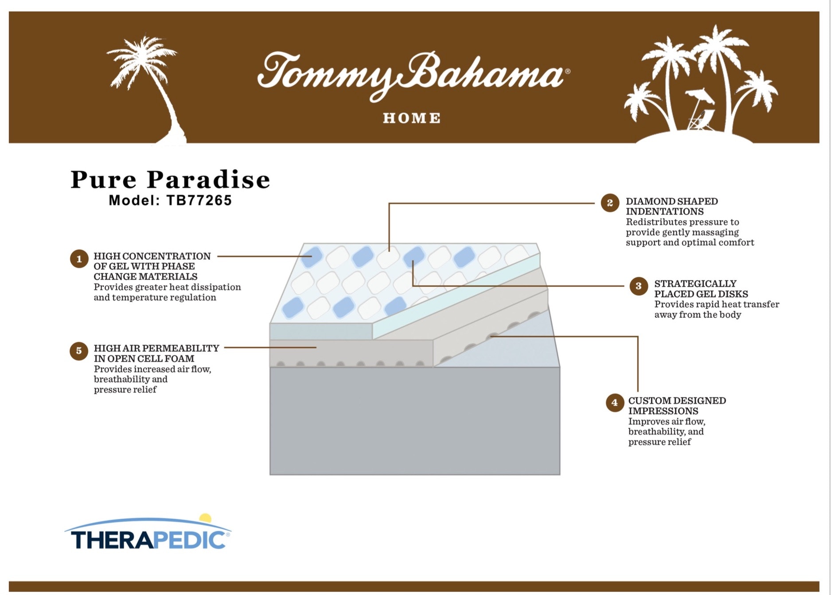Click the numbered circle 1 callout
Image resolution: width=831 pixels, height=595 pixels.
[79, 259]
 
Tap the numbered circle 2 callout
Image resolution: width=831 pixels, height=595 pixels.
[610, 203]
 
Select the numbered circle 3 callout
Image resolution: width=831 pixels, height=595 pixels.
[638, 286]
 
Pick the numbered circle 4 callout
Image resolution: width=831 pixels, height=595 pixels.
[614, 403]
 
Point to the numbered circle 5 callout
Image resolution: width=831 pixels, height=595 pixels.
[79, 351]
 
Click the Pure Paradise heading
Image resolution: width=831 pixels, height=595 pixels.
[170, 180]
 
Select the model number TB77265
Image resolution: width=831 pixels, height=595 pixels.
[199, 200]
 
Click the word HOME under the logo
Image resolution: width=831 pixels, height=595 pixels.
[412, 118]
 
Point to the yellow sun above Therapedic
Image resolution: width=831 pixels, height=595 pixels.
[205, 518]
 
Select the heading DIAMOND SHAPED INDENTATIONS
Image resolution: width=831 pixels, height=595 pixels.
[671, 206]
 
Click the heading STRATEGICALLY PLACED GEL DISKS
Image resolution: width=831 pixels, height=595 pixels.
[701, 289]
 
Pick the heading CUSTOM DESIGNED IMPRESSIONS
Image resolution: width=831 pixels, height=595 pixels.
[677, 406]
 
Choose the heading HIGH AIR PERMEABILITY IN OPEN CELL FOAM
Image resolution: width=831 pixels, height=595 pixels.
[156, 353]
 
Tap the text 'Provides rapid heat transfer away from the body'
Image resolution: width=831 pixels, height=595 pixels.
[716, 309]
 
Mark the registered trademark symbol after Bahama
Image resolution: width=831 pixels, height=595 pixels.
[568, 71]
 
